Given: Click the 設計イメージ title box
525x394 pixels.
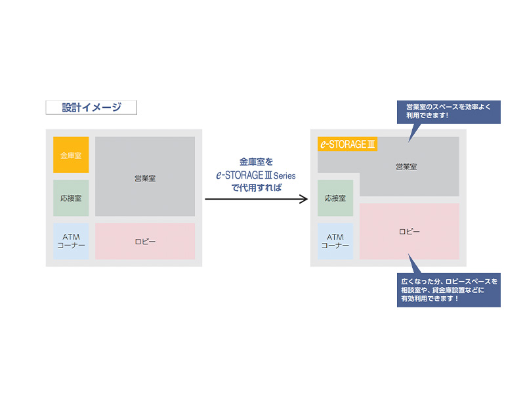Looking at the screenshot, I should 91,108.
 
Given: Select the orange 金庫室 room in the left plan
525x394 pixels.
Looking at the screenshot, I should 71,155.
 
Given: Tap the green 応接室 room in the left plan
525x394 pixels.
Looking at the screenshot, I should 71,198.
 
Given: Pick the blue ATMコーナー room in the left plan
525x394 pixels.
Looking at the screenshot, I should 71,241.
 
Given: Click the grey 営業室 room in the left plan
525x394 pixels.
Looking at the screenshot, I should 145,177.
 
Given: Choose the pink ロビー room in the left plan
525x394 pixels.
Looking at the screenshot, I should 145,241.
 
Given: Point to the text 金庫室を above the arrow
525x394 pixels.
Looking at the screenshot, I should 256,161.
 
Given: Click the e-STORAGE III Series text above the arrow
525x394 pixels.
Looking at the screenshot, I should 256,175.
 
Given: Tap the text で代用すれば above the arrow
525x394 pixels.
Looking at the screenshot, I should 256,188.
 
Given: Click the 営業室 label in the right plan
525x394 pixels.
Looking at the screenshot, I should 406,167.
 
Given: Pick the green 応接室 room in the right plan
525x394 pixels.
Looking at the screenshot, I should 335,198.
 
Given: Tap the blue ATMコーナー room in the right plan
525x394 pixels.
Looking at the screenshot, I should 335,241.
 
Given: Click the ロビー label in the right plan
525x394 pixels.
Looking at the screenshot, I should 409,231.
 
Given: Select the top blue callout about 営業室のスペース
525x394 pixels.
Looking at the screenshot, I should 449,111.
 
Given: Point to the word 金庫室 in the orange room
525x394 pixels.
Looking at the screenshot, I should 71,156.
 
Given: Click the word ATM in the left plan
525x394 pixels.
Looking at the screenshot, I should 71,236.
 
